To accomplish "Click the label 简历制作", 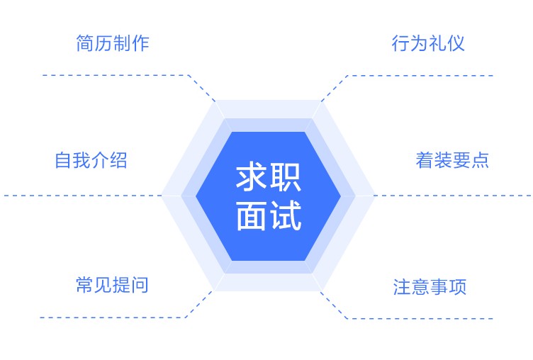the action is [x=113, y=43].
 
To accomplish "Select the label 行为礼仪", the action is [x=428, y=43].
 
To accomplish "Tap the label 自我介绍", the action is [x=91, y=160].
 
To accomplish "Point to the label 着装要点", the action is [x=452, y=160].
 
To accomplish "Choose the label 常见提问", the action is [x=112, y=285].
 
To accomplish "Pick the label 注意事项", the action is [x=430, y=286].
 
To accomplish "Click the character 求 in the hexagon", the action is [x=251, y=176].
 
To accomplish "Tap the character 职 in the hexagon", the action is [x=286, y=176].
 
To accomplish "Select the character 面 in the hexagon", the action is [x=251, y=215].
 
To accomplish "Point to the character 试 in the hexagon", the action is [x=286, y=215].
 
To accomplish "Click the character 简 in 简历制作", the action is [x=85, y=43].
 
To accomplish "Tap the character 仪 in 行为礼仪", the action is [x=456, y=43].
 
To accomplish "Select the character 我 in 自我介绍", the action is [x=82, y=160].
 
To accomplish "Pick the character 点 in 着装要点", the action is [x=480, y=160].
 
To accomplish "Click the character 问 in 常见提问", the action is [x=140, y=285].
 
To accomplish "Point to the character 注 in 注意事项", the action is [x=402, y=286].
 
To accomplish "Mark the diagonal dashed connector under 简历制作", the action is [x=202, y=88].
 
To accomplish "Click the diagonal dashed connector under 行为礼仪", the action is [x=335, y=89].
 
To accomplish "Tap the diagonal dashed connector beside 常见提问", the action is [x=200, y=304].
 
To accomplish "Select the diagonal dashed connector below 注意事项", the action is [x=335, y=305].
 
